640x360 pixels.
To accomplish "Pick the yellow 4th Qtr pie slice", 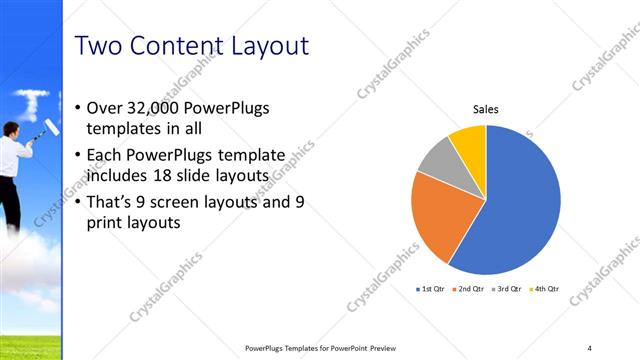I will tap(469, 141).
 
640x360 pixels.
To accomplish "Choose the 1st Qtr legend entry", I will tap(431, 288).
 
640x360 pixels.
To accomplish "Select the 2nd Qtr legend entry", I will tap(469, 288).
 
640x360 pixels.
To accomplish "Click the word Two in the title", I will tap(101, 46).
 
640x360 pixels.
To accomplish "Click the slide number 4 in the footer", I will tap(589, 347).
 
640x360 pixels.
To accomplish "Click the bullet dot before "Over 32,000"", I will tap(79, 108).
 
